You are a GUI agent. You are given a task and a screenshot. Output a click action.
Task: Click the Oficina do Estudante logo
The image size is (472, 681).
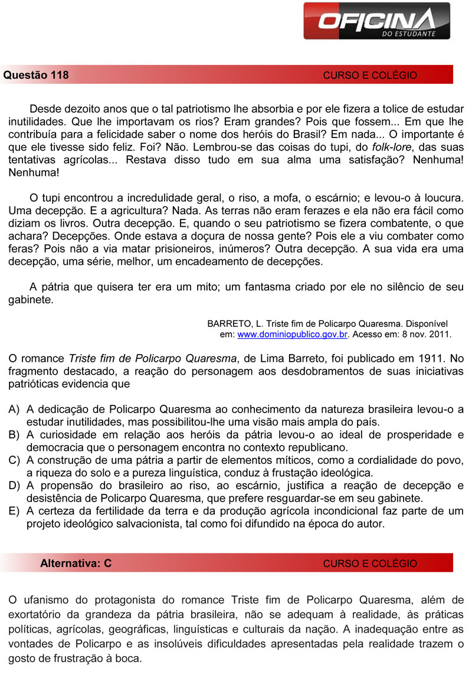pyautogui.click(x=377, y=23)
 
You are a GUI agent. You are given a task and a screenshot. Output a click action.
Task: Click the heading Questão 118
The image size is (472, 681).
pyautogui.click(x=36, y=75)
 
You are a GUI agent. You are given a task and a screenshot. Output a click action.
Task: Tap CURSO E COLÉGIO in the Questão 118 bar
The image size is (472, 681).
pyautogui.click(x=370, y=76)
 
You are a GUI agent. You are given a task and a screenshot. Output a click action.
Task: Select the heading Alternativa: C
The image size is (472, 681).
pyautogui.click(x=76, y=563)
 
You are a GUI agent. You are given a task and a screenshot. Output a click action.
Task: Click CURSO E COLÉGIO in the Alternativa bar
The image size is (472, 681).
pyautogui.click(x=370, y=564)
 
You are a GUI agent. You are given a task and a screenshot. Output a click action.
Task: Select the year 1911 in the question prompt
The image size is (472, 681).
pyautogui.click(x=434, y=358)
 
